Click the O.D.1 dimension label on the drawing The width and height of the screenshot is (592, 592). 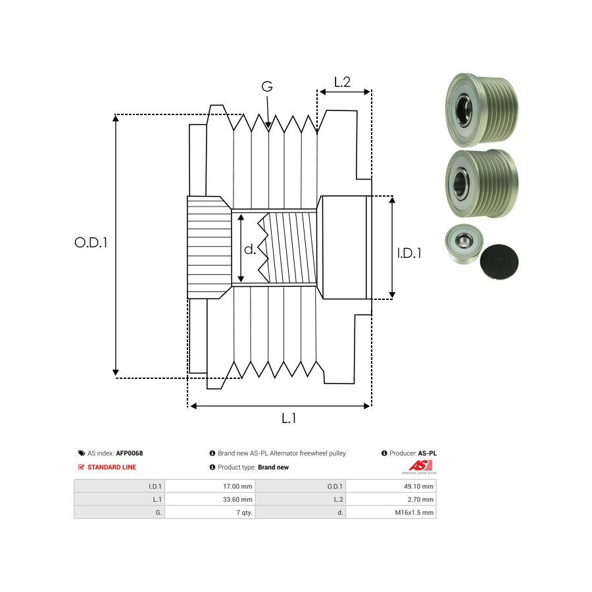pos(91,242)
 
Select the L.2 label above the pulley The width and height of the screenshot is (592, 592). pos(342,82)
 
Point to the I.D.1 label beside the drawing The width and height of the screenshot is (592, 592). pos(409,253)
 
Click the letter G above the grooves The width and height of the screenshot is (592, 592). pos(267,87)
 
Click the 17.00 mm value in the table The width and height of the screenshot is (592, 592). pos(239,486)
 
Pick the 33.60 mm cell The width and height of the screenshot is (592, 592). pos(239,499)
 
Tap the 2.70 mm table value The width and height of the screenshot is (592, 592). pos(421,499)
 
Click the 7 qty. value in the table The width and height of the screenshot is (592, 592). pos(242,512)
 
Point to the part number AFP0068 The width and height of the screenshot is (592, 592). pos(130,453)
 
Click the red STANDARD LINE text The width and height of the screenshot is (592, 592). pos(112,467)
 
